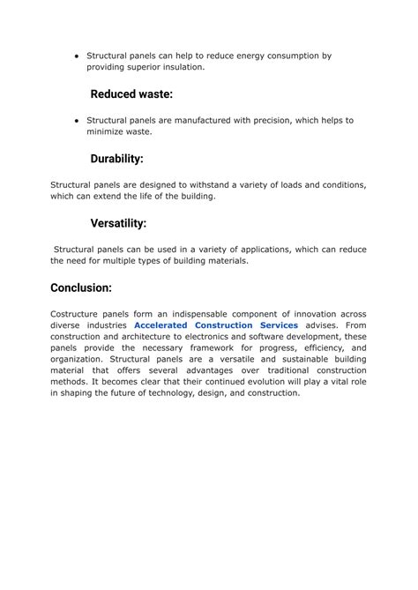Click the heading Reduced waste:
click(x=131, y=93)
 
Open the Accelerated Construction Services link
click(x=216, y=325)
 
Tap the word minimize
click(x=108, y=132)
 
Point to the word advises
click(x=324, y=325)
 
